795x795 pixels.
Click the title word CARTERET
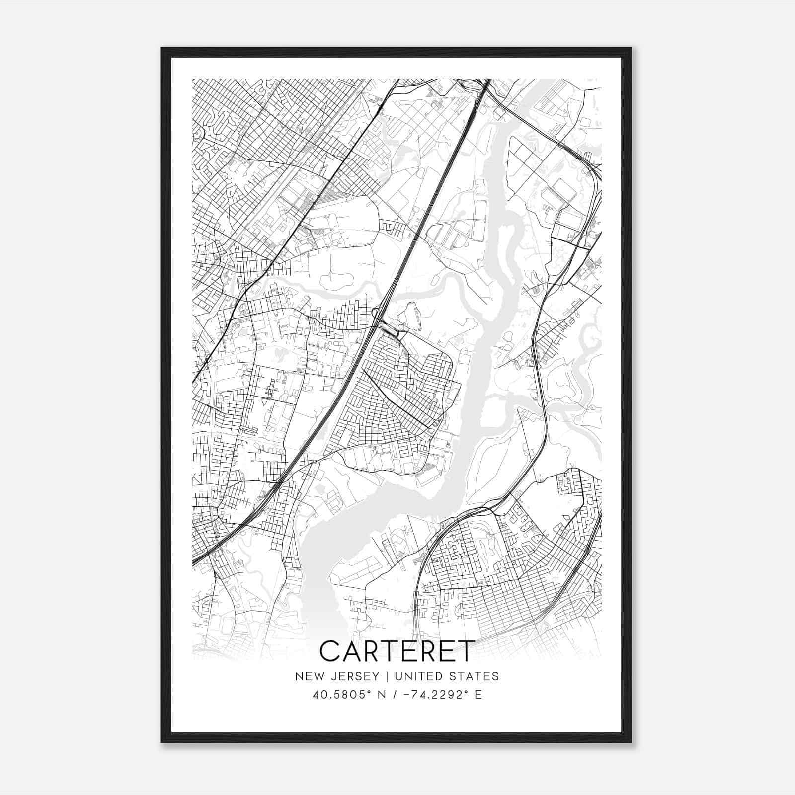397,651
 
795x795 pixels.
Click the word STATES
476,676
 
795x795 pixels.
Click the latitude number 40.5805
335,695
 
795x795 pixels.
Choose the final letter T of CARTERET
463,651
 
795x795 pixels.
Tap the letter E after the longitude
478,695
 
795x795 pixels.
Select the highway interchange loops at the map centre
385,323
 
